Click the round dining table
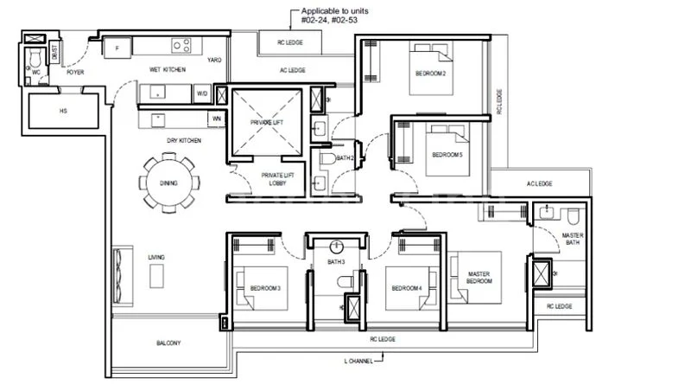point(168,182)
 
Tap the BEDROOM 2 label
point(432,74)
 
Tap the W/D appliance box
point(201,93)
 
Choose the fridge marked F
point(115,48)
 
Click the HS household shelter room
point(64,111)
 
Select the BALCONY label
point(168,343)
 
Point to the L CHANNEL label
point(358,361)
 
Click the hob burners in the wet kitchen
point(181,46)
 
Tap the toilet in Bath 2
point(327,158)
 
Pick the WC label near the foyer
point(36,72)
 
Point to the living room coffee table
point(156,276)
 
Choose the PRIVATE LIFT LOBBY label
point(277,179)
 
